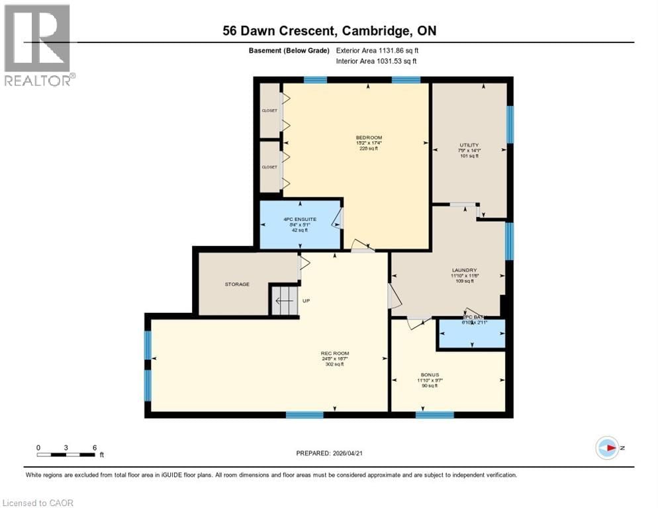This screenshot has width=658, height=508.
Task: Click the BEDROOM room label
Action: point(369,138)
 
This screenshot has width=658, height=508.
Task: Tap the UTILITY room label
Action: point(469,145)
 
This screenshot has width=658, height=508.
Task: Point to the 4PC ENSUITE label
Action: point(301,219)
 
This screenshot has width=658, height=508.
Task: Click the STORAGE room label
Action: point(236,284)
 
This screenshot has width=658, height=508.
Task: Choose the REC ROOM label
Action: point(335,353)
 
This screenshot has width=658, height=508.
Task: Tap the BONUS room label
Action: point(430,374)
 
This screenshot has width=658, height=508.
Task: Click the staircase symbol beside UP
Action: point(283,301)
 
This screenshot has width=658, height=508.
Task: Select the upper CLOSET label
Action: point(269,110)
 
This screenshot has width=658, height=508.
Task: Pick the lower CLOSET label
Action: point(269,167)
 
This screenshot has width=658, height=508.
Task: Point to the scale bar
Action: point(67,454)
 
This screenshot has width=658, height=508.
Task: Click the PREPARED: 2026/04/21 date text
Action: point(331,453)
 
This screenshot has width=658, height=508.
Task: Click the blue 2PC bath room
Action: point(471,334)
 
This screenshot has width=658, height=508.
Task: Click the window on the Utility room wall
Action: point(510,124)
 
